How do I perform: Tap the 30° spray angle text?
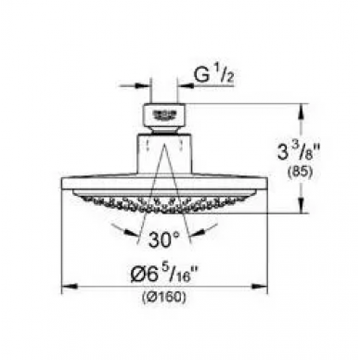tap(163, 239)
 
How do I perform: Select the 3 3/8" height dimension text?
tap(298, 152)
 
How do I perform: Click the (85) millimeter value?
tap(300, 173)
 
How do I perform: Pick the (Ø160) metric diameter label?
tap(164, 297)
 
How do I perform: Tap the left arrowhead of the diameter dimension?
tap(69, 286)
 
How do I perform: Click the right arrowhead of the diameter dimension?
tap(261, 286)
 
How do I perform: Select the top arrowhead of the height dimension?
tap(301, 110)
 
